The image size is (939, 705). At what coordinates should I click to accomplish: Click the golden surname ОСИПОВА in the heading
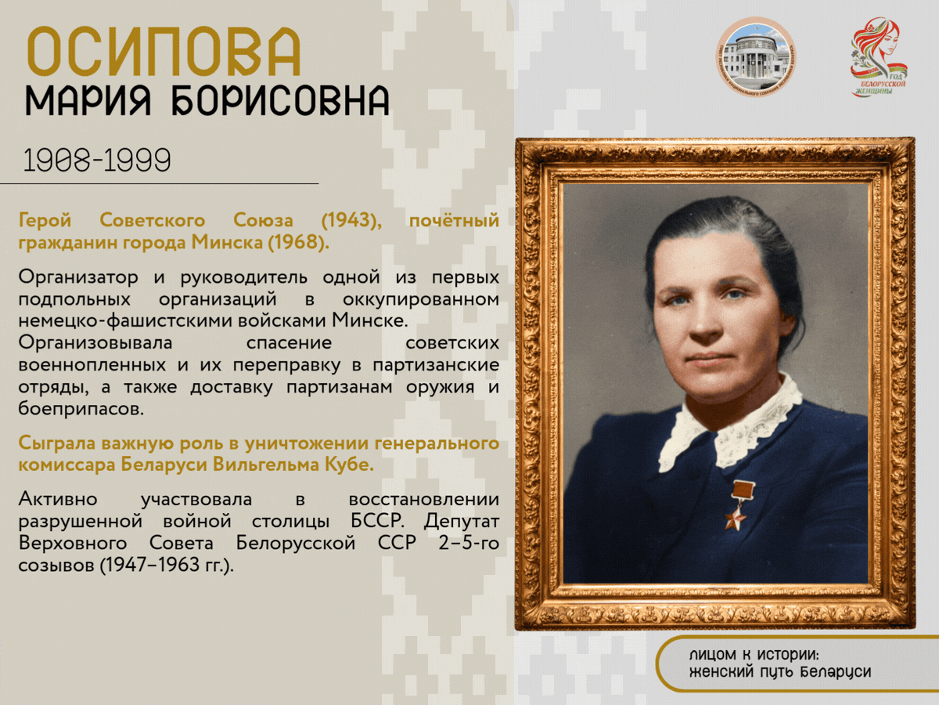point(164,52)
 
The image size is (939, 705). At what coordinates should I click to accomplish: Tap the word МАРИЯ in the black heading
point(88,100)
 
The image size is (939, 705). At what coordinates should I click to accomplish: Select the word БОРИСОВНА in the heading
point(281,100)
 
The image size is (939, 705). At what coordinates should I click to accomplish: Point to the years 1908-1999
point(97,161)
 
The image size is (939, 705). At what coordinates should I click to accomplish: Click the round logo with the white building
point(755,56)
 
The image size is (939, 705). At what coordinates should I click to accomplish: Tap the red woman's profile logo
point(879,56)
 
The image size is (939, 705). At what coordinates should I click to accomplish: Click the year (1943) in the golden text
point(351,220)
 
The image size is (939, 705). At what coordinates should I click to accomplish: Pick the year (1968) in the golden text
point(299,242)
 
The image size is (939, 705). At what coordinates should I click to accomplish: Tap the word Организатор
point(78,277)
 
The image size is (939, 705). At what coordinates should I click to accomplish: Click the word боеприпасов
point(81,409)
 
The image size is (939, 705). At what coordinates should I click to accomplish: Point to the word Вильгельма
point(266,465)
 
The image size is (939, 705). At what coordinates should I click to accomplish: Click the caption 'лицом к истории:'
point(754,655)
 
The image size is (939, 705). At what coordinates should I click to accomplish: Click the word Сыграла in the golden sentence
point(56,443)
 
